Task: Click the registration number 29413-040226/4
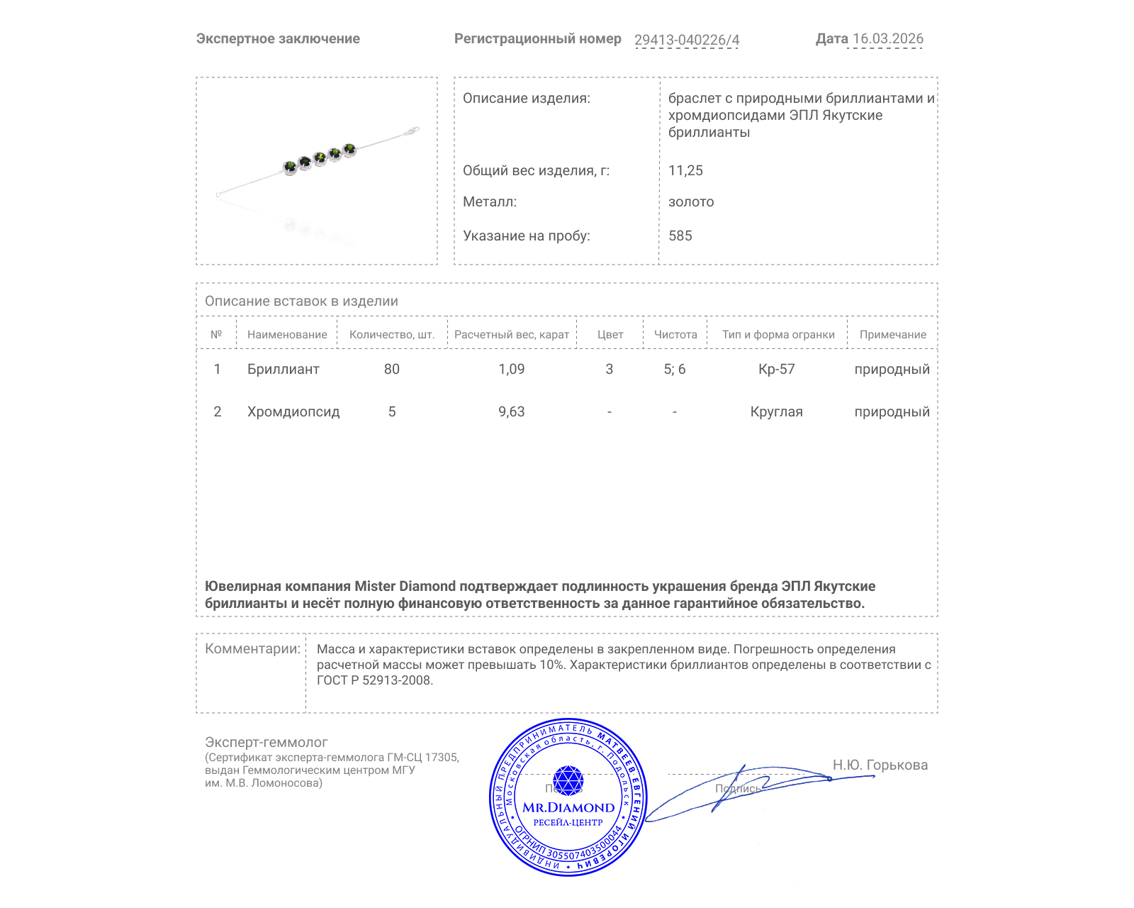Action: pyautogui.click(x=686, y=40)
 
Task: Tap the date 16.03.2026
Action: pyautogui.click(x=887, y=39)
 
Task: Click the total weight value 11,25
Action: pyautogui.click(x=685, y=170)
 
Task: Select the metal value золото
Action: pyautogui.click(x=691, y=201)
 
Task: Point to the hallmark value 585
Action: pyautogui.click(x=680, y=236)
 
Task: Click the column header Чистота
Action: pyautogui.click(x=675, y=334)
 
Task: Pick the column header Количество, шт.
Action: pyautogui.click(x=392, y=334)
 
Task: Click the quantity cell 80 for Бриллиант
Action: pyautogui.click(x=391, y=369)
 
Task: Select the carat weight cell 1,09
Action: pyautogui.click(x=511, y=369)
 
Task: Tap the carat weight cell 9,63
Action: pyautogui.click(x=511, y=411)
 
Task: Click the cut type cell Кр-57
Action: pyautogui.click(x=776, y=369)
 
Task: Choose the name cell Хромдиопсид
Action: pyautogui.click(x=293, y=411)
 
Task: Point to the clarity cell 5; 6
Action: pyautogui.click(x=674, y=369)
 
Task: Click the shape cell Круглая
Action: pyautogui.click(x=776, y=411)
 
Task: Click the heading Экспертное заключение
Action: pyautogui.click(x=278, y=39)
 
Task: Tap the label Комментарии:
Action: pyautogui.click(x=252, y=648)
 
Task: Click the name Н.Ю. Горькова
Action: pyautogui.click(x=880, y=765)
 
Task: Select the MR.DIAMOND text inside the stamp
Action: pyautogui.click(x=568, y=807)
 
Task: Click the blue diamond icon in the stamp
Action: pyautogui.click(x=568, y=780)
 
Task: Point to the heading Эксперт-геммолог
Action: pyautogui.click(x=266, y=742)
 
